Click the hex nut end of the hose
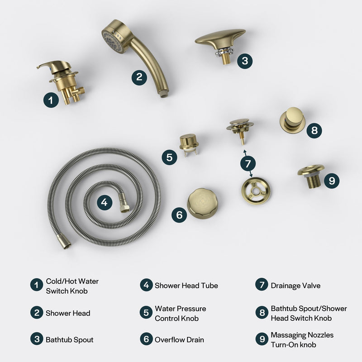(x=123, y=205)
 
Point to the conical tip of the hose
(x=66, y=245)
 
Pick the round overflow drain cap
(x=202, y=203)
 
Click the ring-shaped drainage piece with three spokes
(x=256, y=190)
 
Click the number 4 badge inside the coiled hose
(x=105, y=202)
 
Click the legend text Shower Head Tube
(x=186, y=286)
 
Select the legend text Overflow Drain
(x=179, y=339)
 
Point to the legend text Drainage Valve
(x=295, y=286)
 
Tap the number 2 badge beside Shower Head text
(x=37, y=313)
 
